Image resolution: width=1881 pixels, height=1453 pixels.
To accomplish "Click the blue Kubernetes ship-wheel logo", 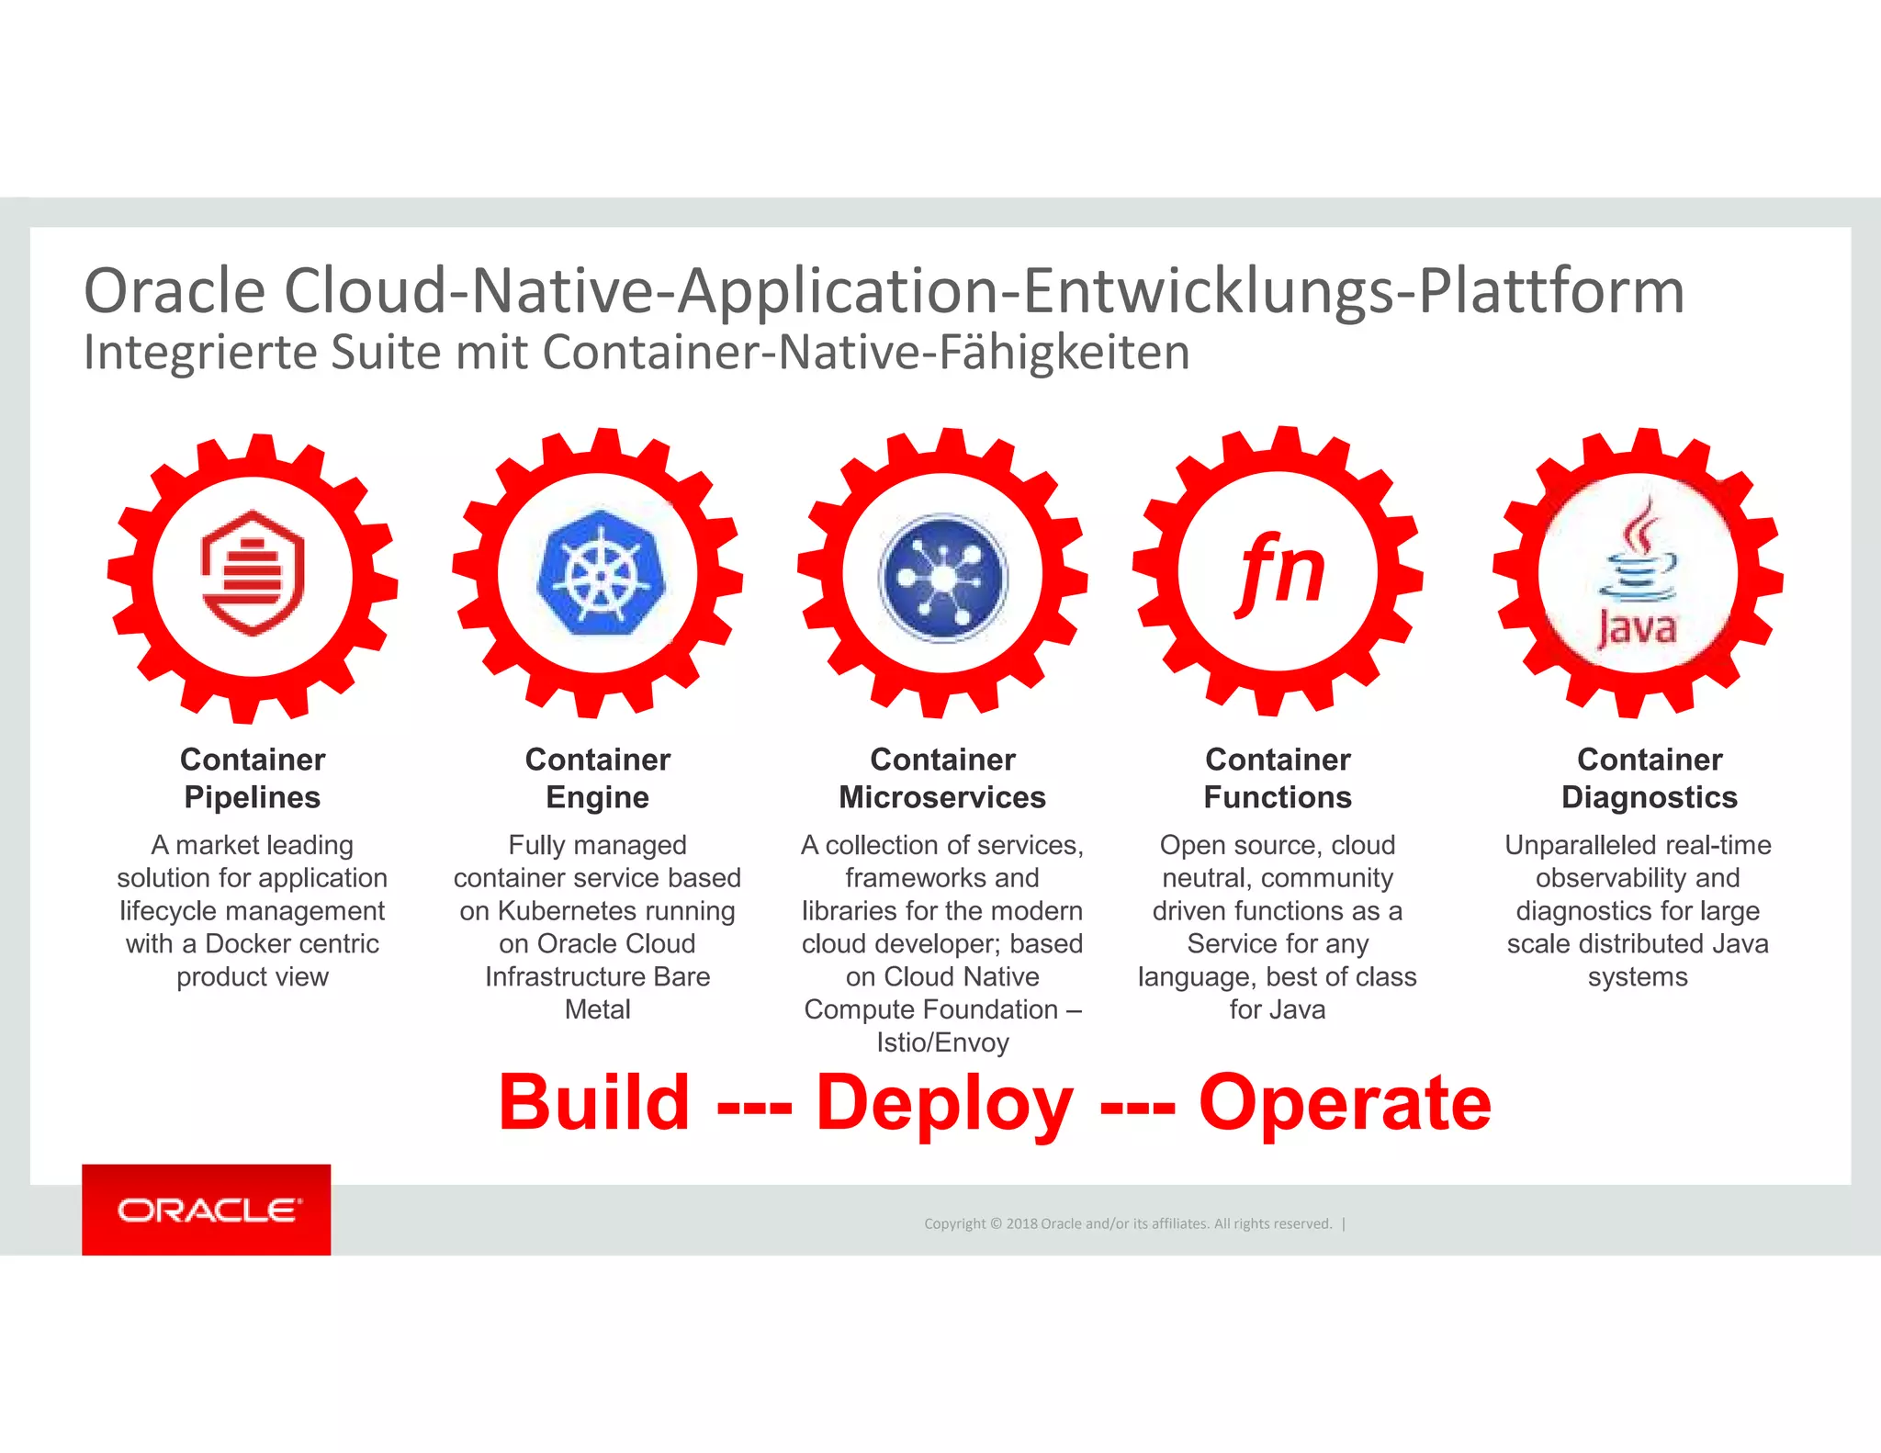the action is tap(598, 573).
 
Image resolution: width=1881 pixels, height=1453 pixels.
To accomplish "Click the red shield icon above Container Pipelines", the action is tap(253, 573).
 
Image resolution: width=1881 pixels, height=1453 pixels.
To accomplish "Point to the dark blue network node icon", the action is tap(943, 578).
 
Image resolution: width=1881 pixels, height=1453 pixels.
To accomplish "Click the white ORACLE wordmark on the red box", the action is tap(208, 1211).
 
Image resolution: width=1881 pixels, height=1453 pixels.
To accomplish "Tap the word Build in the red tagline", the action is tap(594, 1102).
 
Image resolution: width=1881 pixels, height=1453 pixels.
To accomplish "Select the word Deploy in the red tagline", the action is tap(944, 1102).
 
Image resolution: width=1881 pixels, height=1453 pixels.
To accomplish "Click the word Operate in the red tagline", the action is tap(1345, 1102).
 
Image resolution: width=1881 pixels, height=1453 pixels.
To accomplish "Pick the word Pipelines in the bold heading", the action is tap(253, 797).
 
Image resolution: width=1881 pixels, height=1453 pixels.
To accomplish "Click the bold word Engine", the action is tap(598, 797).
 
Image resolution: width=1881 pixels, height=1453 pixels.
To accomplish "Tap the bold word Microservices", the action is tap(942, 797).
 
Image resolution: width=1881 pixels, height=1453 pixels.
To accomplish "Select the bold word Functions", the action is tap(1278, 797).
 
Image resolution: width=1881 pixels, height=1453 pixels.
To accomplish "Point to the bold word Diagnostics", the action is tap(1650, 797).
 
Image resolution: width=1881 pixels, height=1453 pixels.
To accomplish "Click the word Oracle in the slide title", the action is tap(175, 291).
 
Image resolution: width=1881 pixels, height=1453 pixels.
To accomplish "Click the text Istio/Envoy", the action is tap(942, 1042).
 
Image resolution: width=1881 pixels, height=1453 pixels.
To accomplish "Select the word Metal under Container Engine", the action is tap(598, 1009).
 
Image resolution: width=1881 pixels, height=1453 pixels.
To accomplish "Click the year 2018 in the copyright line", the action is tap(1021, 1223).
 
